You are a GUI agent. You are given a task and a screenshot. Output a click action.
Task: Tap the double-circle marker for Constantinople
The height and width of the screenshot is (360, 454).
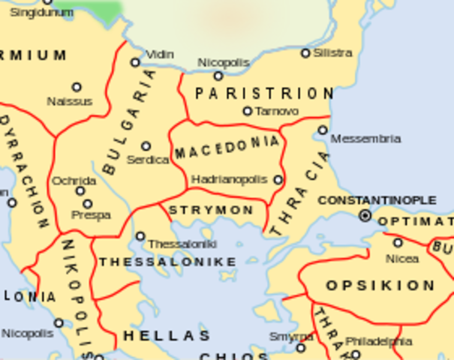point(365,215)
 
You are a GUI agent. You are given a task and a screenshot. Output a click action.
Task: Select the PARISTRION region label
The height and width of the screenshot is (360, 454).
point(264,94)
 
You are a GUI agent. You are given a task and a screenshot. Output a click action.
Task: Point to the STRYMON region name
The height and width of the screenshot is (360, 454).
point(211,210)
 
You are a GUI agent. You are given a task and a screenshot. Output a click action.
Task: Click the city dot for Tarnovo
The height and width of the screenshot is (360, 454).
point(248,111)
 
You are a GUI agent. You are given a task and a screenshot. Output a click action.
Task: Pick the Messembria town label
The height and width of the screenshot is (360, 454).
point(365,139)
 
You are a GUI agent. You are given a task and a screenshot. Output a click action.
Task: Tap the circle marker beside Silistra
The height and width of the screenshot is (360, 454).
point(305,53)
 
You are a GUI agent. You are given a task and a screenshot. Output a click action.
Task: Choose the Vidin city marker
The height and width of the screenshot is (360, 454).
point(136,62)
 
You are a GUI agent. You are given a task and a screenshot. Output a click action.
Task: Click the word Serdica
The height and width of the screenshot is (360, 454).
point(148,160)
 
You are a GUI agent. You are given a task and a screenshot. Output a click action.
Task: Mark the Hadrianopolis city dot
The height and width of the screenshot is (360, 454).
point(278,180)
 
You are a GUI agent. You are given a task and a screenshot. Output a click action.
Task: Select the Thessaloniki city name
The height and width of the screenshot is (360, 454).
point(182,244)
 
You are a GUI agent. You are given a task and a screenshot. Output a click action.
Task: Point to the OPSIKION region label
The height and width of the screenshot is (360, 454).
point(380,286)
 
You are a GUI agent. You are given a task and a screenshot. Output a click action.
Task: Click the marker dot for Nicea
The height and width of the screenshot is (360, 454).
point(398,242)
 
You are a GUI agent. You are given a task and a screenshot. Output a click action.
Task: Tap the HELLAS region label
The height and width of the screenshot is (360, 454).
point(167,335)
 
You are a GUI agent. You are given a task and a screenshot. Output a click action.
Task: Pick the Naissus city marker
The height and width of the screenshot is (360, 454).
point(76,87)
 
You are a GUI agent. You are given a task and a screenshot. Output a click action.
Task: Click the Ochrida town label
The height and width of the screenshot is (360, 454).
point(74,181)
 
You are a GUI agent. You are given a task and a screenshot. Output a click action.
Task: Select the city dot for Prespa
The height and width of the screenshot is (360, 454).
point(88,203)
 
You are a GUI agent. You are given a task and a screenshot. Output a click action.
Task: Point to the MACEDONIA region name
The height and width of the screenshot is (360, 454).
point(227,148)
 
